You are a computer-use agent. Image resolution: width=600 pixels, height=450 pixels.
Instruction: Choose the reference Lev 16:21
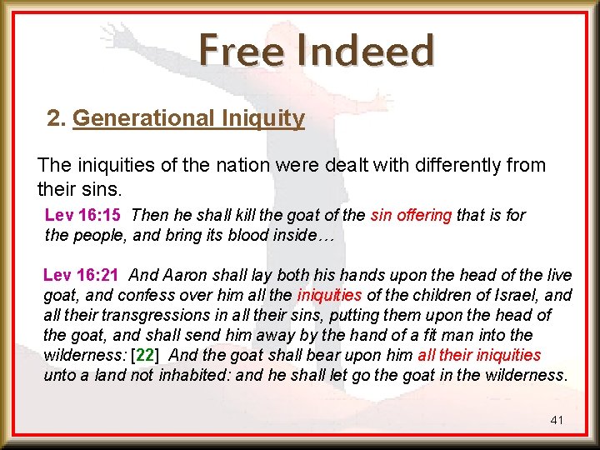(x=81, y=274)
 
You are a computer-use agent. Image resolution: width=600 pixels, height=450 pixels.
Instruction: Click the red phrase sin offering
(x=411, y=215)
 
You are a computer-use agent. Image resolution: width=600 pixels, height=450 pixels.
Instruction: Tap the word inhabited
(x=193, y=375)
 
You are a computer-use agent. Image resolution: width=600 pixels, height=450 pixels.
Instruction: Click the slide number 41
(x=557, y=420)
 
